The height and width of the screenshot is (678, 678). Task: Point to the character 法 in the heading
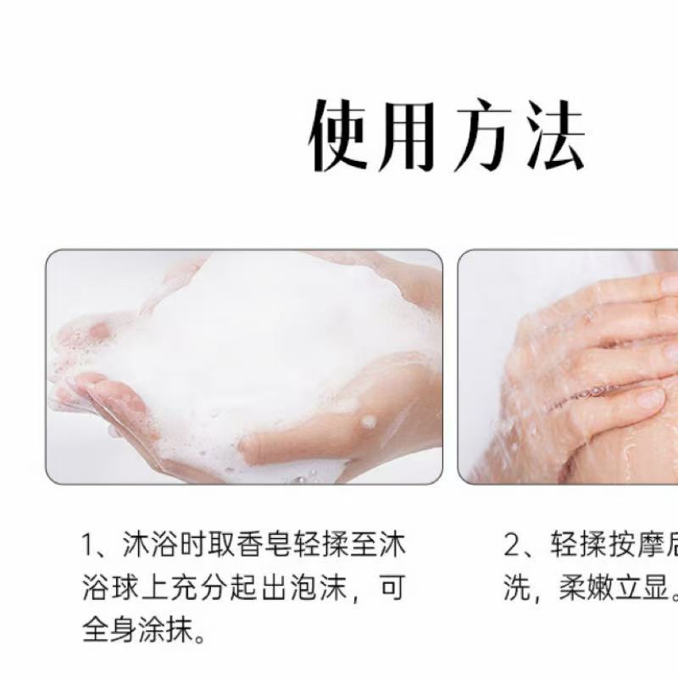tap(553, 136)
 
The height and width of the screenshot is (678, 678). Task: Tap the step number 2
tap(511, 546)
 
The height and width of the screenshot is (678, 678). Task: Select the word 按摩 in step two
tap(623, 546)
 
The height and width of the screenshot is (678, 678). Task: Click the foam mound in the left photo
tap(246, 339)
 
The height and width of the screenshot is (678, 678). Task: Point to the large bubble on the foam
tap(368, 421)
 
